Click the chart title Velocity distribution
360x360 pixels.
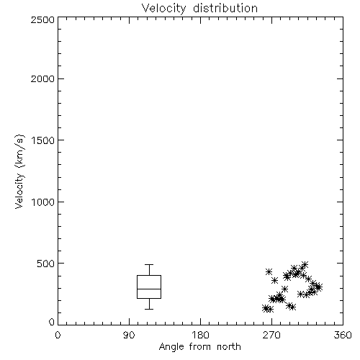point(199,8)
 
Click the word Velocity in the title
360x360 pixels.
point(163,9)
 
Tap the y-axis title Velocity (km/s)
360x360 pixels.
point(19,171)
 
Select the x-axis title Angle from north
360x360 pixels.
point(200,347)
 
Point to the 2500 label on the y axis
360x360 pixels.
point(42,19)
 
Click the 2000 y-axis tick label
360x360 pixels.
point(42,78)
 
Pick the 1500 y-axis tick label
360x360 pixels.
point(43,140)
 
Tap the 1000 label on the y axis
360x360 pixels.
point(43,202)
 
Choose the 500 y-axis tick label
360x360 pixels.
point(46,264)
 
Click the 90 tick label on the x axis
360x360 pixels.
point(129,335)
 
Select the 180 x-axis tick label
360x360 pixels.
point(200,335)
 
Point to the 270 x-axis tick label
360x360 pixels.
point(271,335)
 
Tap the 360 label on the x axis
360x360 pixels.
point(343,335)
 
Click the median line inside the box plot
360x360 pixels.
point(149,289)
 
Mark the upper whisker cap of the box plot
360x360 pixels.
point(149,264)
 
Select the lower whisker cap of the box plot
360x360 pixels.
point(149,309)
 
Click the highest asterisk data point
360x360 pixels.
point(305,265)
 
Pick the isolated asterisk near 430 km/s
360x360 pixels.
point(269,271)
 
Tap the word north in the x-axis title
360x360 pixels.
point(229,347)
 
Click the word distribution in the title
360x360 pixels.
point(225,8)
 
